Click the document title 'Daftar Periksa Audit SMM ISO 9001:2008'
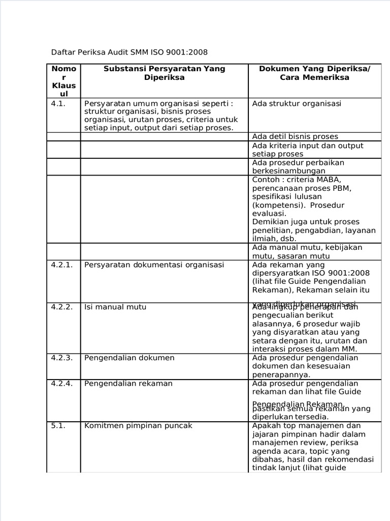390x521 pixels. [x=129, y=52]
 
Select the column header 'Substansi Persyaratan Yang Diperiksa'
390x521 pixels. [x=164, y=73]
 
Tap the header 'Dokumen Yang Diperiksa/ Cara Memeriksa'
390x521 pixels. [x=314, y=73]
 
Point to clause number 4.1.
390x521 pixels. [x=59, y=103]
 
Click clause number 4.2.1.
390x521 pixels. [x=62, y=265]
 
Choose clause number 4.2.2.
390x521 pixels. [x=62, y=307]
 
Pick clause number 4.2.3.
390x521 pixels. [x=62, y=358]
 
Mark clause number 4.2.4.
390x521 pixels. [x=62, y=383]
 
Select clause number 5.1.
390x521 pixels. [x=59, y=425]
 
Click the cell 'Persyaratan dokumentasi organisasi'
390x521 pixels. [x=154, y=265]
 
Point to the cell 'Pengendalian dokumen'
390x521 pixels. [x=129, y=358]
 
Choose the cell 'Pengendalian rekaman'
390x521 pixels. [x=128, y=383]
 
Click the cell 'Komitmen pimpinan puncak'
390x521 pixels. [x=138, y=425]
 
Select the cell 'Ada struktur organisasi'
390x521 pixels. [x=297, y=103]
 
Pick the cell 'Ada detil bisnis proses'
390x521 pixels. [x=295, y=136]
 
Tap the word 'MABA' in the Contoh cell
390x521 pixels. [x=330, y=180]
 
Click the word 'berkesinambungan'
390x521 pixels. [x=288, y=171]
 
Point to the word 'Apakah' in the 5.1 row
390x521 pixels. [x=266, y=425]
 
